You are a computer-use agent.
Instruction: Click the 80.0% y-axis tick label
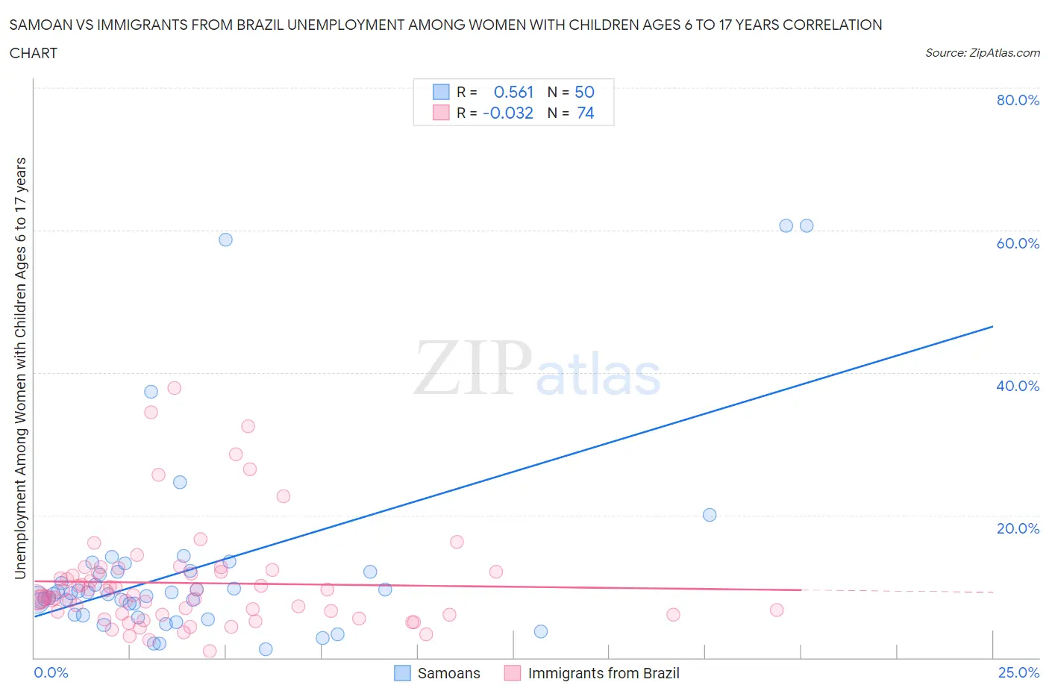1018,100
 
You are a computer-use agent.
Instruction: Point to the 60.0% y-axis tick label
1018,243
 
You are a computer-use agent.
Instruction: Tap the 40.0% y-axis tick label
1018,386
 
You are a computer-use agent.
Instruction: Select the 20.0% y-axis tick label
1018,528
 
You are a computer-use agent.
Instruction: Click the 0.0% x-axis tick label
51,672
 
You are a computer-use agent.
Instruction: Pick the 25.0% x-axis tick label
1018,672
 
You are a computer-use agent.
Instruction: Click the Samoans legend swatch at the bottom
402,673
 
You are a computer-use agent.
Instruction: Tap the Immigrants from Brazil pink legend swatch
513,673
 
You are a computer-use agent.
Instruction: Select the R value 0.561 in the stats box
513,92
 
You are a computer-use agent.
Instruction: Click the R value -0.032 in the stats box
508,113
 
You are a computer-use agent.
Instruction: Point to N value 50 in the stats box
584,92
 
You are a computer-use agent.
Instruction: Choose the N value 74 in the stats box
586,113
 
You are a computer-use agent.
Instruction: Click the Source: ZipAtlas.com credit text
982,52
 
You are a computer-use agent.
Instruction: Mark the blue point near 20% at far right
710,515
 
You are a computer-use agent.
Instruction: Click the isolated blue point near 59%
225,240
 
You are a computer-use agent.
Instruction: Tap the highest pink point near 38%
175,388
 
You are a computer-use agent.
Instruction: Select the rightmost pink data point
777,610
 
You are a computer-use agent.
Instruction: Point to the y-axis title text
20,369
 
